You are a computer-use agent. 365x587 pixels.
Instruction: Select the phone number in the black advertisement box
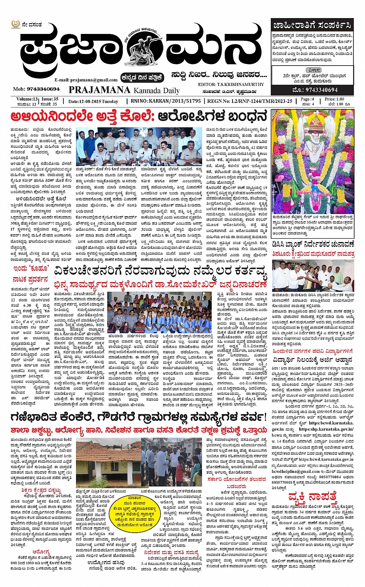(x=312, y=90)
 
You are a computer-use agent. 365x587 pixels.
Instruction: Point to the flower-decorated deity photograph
(x=312, y=161)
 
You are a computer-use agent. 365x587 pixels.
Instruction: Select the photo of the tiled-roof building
(x=109, y=463)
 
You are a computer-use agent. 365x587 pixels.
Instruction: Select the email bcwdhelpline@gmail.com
(x=296, y=471)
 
